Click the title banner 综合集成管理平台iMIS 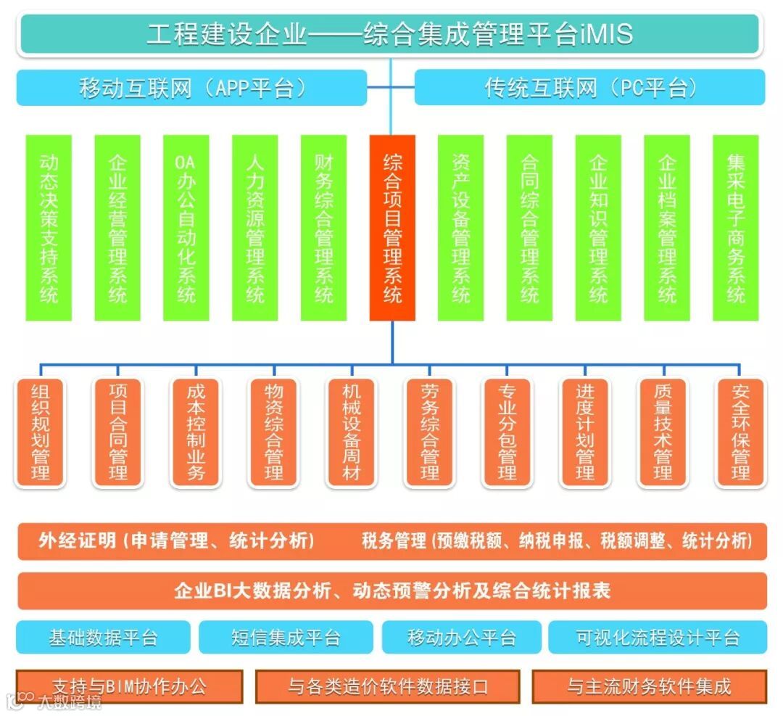(x=390, y=34)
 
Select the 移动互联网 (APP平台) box (x=191, y=88)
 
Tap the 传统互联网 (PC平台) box (x=589, y=88)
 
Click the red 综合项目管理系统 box (x=392, y=228)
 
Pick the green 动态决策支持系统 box (x=49, y=228)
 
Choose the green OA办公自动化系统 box (x=186, y=228)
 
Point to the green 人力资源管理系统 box (x=255, y=228)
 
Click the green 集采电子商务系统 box (x=736, y=228)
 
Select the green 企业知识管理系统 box (x=598, y=228)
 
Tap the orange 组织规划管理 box (x=41, y=432)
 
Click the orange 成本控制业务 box (x=196, y=432)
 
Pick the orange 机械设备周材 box (x=352, y=432)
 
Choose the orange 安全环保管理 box (x=740, y=432)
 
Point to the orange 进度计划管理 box (x=585, y=432)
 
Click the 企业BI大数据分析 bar (x=392, y=591)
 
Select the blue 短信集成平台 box (x=286, y=638)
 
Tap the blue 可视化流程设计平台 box (x=658, y=638)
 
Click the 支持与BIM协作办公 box (x=130, y=686)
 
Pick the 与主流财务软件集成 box (x=649, y=686)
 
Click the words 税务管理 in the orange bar (x=394, y=541)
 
